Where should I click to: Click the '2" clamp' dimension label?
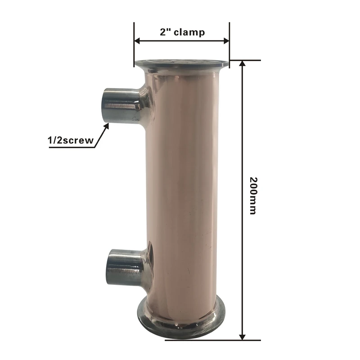(x=182, y=32)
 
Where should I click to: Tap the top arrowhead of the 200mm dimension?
(x=243, y=64)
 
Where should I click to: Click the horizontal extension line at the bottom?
(x=211, y=340)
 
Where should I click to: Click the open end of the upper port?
(x=107, y=104)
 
